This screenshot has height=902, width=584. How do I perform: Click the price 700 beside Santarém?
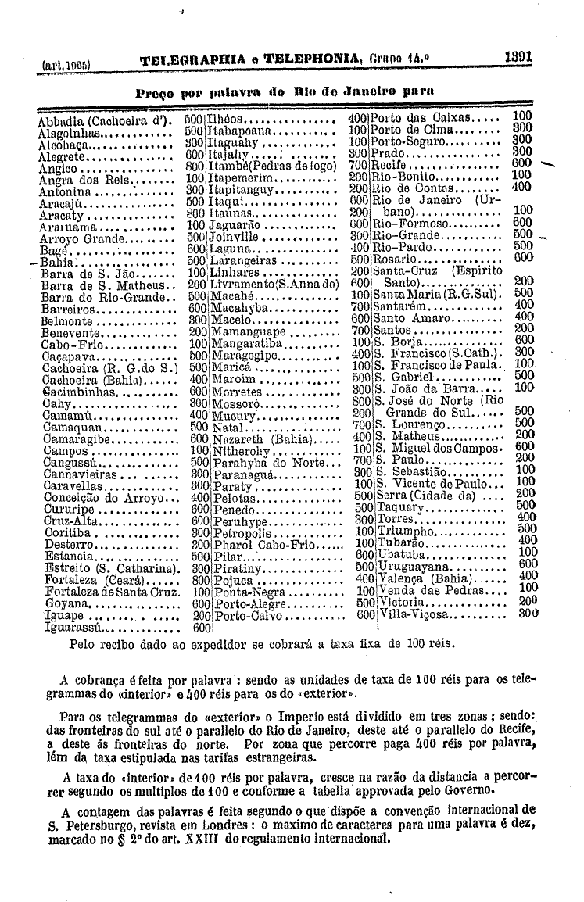tap(360, 308)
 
